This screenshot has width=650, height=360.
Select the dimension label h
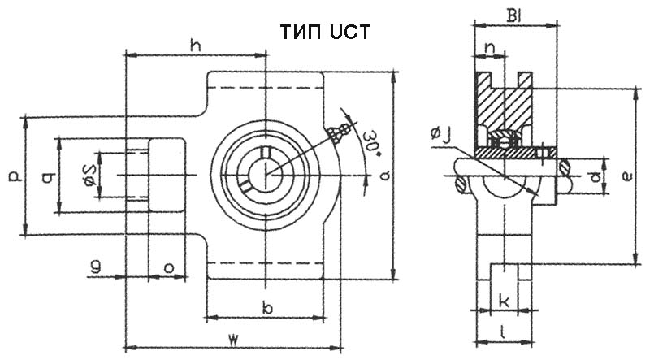click(x=195, y=46)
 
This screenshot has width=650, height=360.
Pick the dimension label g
click(x=96, y=266)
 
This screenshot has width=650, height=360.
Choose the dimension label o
click(x=168, y=266)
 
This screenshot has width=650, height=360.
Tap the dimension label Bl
click(x=514, y=15)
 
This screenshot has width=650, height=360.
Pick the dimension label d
click(x=596, y=175)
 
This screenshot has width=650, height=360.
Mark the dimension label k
click(x=504, y=301)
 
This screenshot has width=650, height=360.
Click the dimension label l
click(x=504, y=331)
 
